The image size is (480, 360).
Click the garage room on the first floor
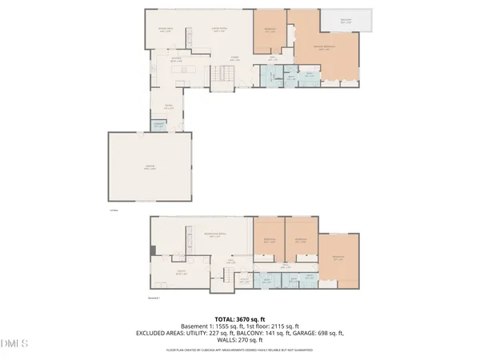tap(150, 166)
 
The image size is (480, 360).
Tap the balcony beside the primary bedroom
tap(346, 22)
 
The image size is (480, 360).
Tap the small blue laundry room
tap(159, 125)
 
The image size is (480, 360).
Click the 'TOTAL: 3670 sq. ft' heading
tap(239, 318)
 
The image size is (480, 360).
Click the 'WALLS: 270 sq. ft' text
tap(239, 341)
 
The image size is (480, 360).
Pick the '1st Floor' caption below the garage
tap(114, 211)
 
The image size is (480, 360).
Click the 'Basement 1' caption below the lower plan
tap(155, 297)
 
